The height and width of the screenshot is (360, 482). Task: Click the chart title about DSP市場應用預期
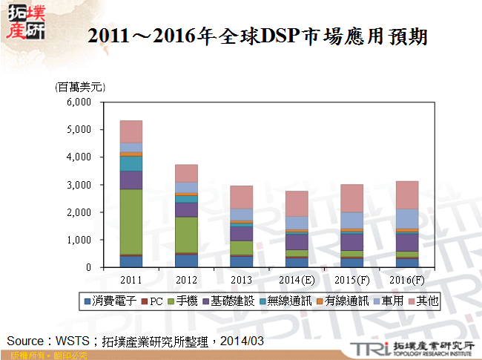[257, 35]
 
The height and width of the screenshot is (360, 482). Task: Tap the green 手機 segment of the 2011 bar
[131, 221]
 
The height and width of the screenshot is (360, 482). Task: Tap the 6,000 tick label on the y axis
[90, 102]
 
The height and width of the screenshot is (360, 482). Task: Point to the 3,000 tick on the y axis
[90, 185]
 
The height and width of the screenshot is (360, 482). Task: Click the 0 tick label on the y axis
[98, 267]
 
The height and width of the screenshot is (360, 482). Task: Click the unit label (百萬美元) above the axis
[79, 87]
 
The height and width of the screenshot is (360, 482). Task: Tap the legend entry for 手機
[186, 301]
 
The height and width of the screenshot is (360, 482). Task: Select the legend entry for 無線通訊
[285, 301]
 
